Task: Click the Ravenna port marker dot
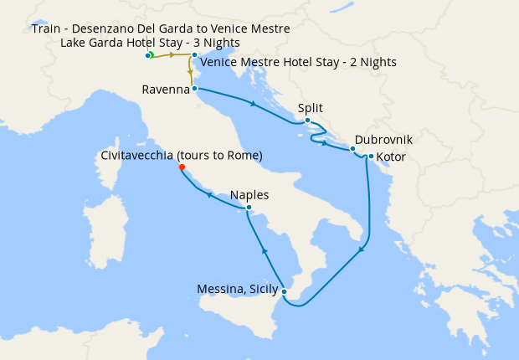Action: tap(194, 88)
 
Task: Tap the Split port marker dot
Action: tap(308, 121)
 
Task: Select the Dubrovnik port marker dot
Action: tap(352, 149)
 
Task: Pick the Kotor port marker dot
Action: tap(371, 156)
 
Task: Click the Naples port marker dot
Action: tap(249, 207)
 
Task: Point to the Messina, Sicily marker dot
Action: tap(285, 291)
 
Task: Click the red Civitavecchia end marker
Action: tap(182, 167)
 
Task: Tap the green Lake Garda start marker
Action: tap(150, 55)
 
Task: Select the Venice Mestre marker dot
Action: tap(194, 55)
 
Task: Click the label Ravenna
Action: tap(165, 90)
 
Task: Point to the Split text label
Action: tap(310, 108)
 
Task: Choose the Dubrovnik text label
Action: tap(383, 140)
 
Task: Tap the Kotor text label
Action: tap(393, 157)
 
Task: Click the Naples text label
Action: tap(249, 195)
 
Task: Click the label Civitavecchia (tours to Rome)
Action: tap(182, 156)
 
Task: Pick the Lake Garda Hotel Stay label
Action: tap(150, 42)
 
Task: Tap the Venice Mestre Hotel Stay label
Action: tap(299, 62)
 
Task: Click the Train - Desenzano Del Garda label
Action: tap(161, 28)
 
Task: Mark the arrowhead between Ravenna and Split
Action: tap(252, 104)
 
